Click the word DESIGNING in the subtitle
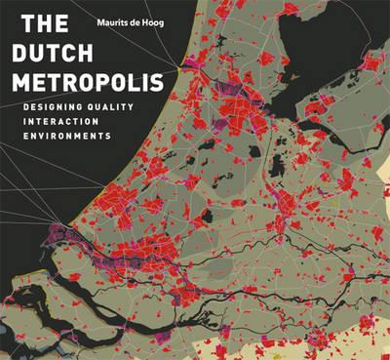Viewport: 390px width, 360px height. [59, 103]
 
